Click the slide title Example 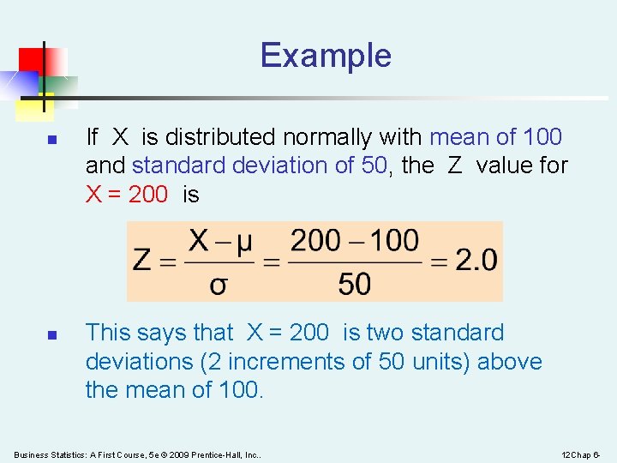point(326,56)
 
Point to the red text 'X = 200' point(127,195)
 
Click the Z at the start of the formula point(143,260)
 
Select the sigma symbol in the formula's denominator point(218,284)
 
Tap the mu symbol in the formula point(243,241)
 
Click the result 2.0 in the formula point(476,260)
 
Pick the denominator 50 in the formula point(355,284)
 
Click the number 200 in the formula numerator point(314,241)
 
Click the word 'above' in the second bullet point(510,362)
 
